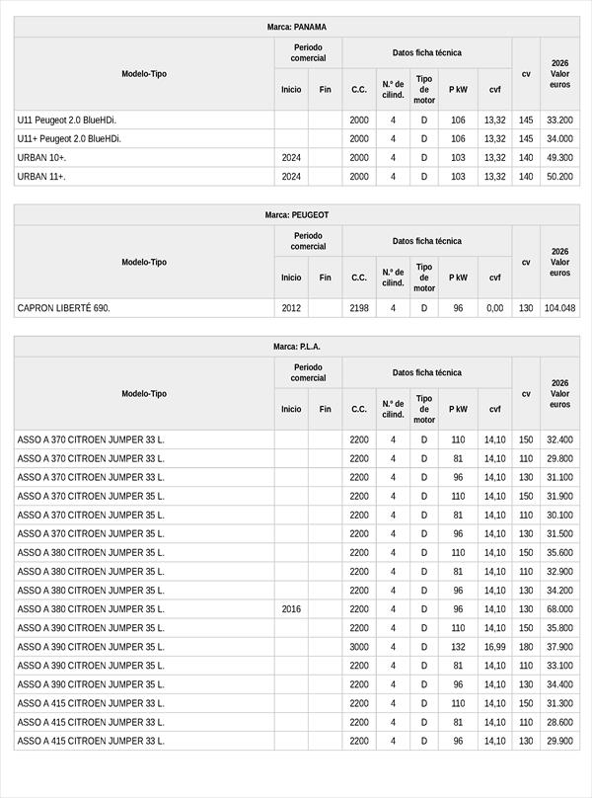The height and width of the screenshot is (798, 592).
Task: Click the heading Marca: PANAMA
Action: coord(296,27)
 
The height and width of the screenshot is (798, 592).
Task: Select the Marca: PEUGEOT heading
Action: coord(296,214)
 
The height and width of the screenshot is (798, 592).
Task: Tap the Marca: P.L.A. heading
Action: coord(296,347)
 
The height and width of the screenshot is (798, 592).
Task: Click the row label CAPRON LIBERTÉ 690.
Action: coord(64,308)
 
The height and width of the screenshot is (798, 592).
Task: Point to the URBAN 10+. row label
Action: coord(42,158)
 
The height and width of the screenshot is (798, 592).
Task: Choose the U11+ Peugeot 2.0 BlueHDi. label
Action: coord(69,139)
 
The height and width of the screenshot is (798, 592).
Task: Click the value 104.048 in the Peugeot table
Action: coord(559,308)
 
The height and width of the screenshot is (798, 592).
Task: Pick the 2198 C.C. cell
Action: coord(359,308)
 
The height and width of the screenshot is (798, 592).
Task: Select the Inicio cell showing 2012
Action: coord(291,308)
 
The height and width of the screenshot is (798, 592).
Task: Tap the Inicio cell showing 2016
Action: coord(291,609)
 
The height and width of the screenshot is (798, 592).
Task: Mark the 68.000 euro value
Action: coord(559,609)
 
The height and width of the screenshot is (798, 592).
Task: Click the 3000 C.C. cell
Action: coord(359,647)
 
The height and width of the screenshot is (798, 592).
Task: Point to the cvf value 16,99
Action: coord(494,647)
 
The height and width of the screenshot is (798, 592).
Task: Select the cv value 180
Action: coord(526,647)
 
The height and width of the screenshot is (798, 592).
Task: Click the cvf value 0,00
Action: coord(494,308)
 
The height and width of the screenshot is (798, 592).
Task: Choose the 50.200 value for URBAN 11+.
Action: coord(559,177)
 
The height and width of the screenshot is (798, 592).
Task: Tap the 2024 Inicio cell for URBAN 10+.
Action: coord(291,158)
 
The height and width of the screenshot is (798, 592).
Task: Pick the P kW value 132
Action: coord(458,647)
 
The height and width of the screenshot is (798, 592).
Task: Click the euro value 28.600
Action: coord(559,722)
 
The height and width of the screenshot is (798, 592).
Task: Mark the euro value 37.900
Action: coord(559,647)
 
